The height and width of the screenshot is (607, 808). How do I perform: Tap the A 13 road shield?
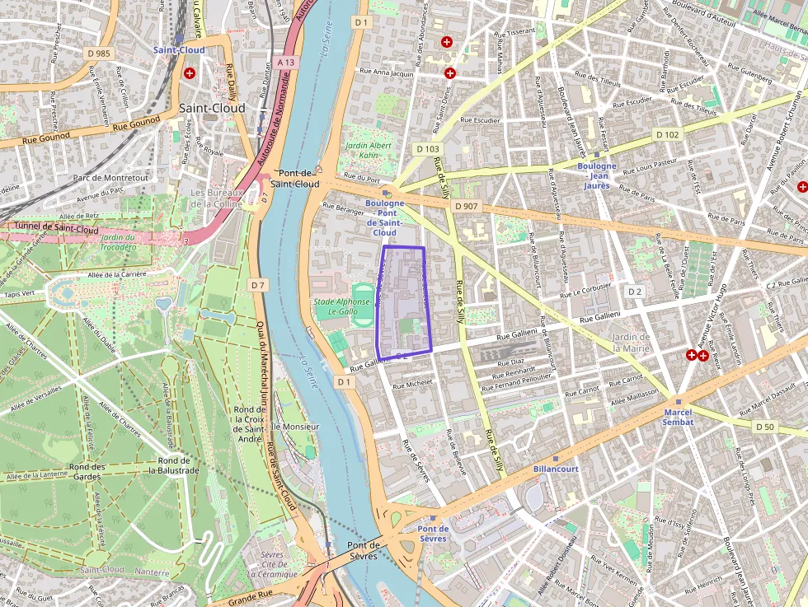(x=286, y=62)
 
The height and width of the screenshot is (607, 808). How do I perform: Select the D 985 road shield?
(x=98, y=54)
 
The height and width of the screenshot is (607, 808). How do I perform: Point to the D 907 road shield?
(x=466, y=206)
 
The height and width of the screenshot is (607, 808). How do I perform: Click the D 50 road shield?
(x=766, y=426)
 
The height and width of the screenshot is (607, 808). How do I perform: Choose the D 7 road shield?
(x=258, y=284)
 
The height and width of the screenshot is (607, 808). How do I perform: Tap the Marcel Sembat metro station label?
(x=679, y=417)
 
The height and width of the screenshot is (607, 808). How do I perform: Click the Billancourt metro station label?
(x=556, y=469)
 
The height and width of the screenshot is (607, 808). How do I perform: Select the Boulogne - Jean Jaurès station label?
(x=597, y=175)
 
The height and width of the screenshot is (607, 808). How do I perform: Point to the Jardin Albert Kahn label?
(x=369, y=151)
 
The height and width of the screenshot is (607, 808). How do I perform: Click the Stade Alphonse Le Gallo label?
(x=343, y=306)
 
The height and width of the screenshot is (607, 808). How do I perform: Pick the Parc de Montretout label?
(x=111, y=177)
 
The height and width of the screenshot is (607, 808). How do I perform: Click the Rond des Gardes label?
(x=87, y=471)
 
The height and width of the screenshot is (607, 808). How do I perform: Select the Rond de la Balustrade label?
(x=174, y=465)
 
